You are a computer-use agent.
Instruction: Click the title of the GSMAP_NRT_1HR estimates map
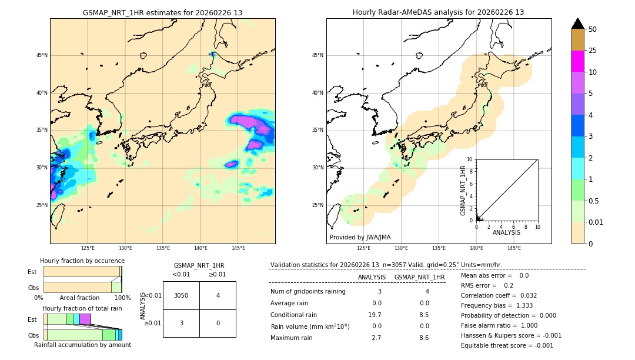pos(162,12)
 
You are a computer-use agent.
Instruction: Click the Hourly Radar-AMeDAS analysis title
pos(438,12)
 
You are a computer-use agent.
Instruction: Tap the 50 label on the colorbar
pos(593,29)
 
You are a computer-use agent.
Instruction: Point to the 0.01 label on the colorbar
pos(596,222)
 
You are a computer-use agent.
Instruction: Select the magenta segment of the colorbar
pos(577,61)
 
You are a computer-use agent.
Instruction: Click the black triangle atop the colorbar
pos(577,24)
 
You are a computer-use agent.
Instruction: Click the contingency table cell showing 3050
pos(181,295)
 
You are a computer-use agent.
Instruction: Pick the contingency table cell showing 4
pos(218,295)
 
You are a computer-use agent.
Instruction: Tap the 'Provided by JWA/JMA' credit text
pos(360,237)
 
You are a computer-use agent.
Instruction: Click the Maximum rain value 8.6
pos(423,338)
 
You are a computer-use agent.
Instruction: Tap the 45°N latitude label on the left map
pos(42,55)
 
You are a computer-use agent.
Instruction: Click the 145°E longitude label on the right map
pos(514,248)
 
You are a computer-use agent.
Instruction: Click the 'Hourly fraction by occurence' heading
pos(82,261)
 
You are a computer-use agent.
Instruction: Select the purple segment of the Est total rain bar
pos(85,319)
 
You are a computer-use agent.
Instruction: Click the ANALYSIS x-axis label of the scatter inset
pos(506,232)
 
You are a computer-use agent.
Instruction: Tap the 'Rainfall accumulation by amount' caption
pos(82,345)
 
